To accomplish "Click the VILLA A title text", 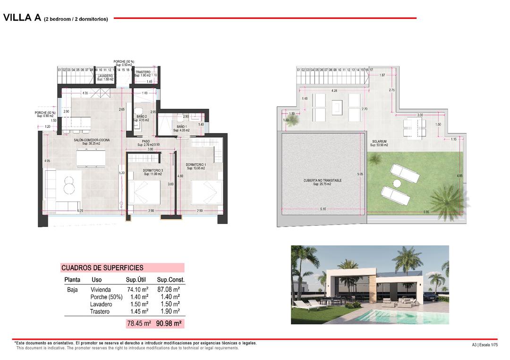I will [x=22, y=18].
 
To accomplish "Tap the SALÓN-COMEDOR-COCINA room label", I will [x=93, y=141].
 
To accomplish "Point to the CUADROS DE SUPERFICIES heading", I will [x=102, y=268].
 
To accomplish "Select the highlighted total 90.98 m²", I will [x=169, y=324].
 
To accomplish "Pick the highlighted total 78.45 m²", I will [x=139, y=324].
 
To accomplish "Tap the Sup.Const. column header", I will [x=170, y=280].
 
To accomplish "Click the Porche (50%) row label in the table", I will [x=106, y=297].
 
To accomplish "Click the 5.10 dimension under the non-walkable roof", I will [x=323, y=209].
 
